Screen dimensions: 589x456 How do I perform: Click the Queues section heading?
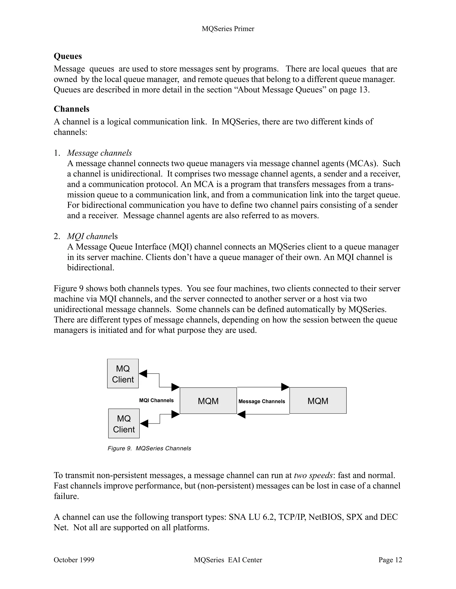[x=68, y=56]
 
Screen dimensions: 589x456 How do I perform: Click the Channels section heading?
[x=71, y=109]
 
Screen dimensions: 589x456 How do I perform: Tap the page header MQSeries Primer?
[x=228, y=29]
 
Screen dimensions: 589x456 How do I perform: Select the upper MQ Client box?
[x=123, y=374]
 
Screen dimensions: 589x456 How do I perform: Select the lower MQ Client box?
[x=124, y=423]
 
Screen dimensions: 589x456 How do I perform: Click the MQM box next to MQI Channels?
[x=208, y=401]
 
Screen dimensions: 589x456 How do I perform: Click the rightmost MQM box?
[x=318, y=401]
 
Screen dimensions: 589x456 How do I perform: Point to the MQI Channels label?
[x=156, y=401]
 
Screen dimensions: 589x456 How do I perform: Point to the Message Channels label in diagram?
[x=261, y=401]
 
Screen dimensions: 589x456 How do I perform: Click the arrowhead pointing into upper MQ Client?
[x=143, y=374]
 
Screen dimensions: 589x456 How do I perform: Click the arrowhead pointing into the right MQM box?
[x=285, y=387]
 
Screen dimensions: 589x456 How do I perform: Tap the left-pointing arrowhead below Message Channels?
[x=241, y=414]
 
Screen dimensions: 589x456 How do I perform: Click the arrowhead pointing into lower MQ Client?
[x=144, y=423]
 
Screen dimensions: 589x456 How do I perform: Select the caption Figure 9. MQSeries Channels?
[x=149, y=448]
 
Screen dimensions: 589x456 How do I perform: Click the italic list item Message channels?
[x=99, y=153]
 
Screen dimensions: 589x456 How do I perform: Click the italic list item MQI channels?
[x=92, y=236]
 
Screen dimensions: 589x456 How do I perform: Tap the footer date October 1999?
[x=74, y=560]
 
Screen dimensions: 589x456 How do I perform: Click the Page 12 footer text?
[x=390, y=560]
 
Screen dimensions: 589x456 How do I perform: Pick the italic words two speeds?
[x=313, y=475]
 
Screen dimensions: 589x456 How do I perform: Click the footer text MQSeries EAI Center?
[x=228, y=560]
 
